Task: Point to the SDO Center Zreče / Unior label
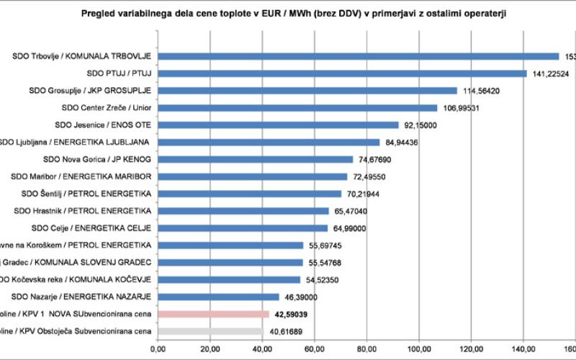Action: (x=107, y=108)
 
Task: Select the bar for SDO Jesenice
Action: (x=278, y=125)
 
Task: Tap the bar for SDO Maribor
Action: (x=253, y=176)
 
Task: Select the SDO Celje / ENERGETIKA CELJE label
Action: (x=92, y=228)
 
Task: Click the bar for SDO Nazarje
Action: (x=218, y=297)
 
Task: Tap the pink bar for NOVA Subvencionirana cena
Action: (x=213, y=314)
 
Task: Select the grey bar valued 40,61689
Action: (x=211, y=331)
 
